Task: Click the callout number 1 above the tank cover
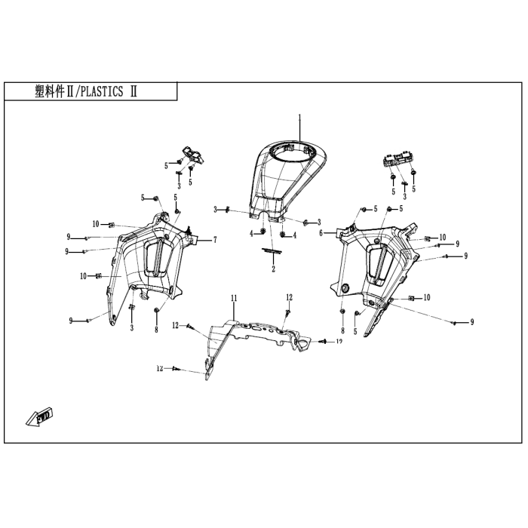[299, 118]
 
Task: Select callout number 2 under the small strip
[273, 269]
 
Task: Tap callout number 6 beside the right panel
[321, 233]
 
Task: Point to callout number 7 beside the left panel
[215, 240]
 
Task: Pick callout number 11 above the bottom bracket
[234, 298]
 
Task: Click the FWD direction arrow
[40, 416]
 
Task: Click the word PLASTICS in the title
[102, 91]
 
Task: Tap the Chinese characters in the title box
[50, 91]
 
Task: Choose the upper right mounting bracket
[398, 160]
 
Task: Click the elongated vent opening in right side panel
[380, 264]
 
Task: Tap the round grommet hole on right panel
[345, 287]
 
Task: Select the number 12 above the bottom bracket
[289, 297]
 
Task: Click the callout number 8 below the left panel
[156, 330]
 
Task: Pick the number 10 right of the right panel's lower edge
[427, 298]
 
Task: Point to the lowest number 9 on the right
[472, 322]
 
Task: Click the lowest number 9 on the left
[71, 321]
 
